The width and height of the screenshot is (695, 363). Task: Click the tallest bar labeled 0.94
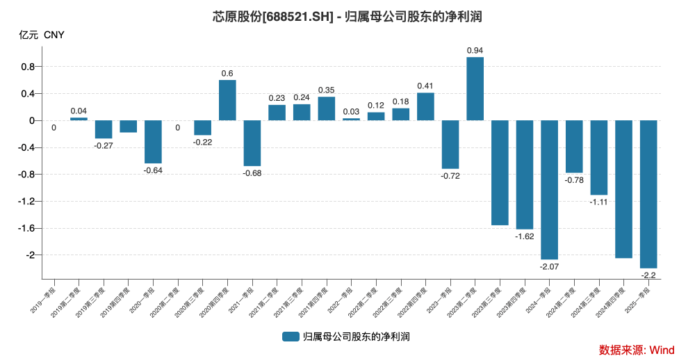pyautogui.click(x=475, y=88)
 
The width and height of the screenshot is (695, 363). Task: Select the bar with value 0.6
pyautogui.click(x=227, y=100)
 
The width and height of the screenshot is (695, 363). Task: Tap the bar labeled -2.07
pyautogui.click(x=549, y=189)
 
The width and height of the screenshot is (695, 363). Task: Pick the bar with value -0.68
pyautogui.click(x=252, y=143)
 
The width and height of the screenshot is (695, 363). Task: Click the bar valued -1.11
pyautogui.click(x=599, y=157)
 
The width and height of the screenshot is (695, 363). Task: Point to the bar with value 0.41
pyautogui.click(x=425, y=106)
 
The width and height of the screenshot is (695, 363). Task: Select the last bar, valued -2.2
pyautogui.click(x=648, y=194)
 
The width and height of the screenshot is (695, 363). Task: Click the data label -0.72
pyautogui.click(x=450, y=176)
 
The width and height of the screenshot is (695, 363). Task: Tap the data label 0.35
pyautogui.click(x=327, y=90)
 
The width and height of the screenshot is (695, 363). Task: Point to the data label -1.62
pyautogui.click(x=524, y=236)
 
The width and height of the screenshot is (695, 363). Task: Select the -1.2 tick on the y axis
pyautogui.click(x=26, y=202)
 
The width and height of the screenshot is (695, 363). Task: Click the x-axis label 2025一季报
pyautogui.click(x=638, y=298)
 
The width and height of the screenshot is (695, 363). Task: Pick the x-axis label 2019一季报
pyautogui.click(x=44, y=298)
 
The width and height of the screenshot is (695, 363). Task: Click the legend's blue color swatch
pyautogui.click(x=291, y=337)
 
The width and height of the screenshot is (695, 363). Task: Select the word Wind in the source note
pyautogui.click(x=662, y=349)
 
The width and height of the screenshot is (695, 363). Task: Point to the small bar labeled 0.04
pyautogui.click(x=79, y=119)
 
